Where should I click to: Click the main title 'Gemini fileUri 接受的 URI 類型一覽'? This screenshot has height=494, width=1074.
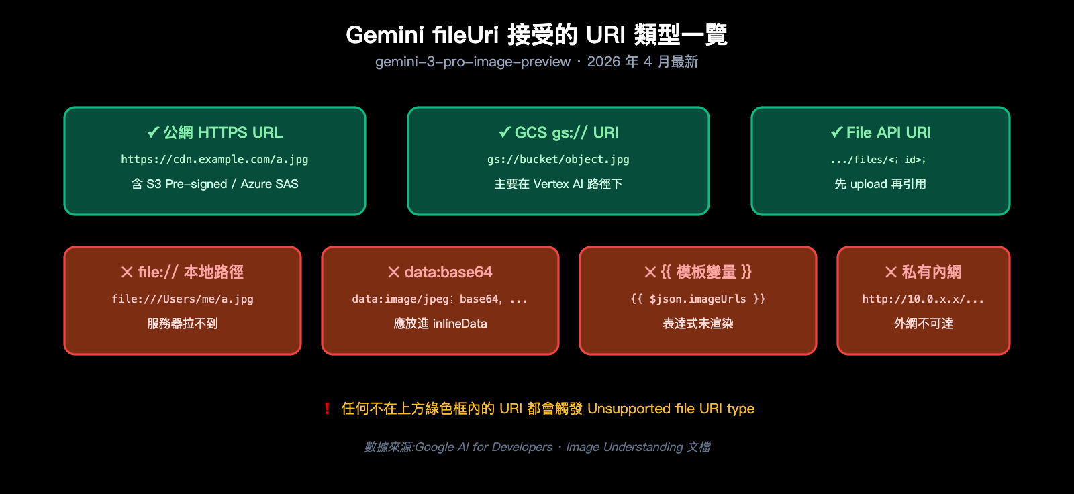[536, 34]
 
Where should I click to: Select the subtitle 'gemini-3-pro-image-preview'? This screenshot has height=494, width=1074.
[473, 62]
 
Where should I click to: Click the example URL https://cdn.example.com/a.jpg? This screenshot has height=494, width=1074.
[215, 160]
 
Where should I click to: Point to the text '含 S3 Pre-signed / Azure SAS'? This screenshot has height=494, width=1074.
[215, 184]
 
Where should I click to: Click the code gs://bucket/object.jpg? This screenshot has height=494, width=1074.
[558, 160]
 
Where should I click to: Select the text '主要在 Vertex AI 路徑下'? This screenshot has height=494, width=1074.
[558, 184]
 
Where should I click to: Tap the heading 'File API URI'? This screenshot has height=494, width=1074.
[888, 132]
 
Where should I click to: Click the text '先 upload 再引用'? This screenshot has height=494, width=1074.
[880, 184]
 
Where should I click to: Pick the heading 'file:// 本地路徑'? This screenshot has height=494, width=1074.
[191, 272]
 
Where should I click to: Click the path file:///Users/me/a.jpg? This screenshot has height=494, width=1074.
[183, 299]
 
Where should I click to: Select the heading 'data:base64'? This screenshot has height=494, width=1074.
[448, 272]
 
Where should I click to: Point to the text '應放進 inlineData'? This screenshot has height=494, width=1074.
[440, 324]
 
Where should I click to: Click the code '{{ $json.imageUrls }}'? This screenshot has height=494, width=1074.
[698, 299]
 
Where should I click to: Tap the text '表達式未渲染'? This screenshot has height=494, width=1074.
[698, 324]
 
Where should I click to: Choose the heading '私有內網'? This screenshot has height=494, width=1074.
[931, 272]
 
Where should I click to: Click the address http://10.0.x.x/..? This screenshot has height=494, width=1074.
[923, 299]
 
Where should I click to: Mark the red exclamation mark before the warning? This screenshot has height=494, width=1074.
[327, 409]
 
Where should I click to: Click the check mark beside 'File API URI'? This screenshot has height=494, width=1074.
[836, 132]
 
